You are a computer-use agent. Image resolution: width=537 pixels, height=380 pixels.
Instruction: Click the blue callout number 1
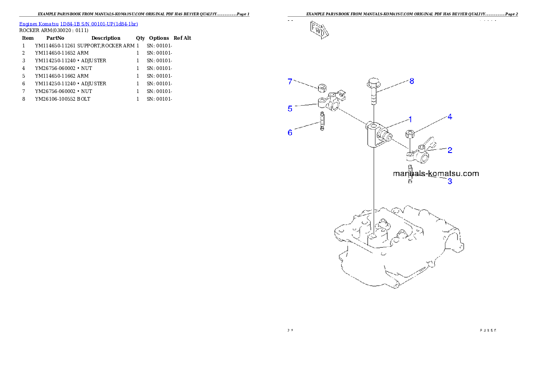(410, 120)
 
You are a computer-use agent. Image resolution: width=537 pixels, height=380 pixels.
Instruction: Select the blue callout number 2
(449, 150)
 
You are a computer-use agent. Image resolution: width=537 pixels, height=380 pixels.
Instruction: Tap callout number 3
(449, 181)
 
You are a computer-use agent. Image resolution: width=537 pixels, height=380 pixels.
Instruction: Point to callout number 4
(449, 117)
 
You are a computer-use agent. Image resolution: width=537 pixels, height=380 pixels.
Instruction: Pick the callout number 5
(290, 108)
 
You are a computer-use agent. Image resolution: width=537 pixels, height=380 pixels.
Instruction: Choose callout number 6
(290, 132)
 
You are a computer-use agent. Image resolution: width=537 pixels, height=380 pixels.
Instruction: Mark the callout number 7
(290, 81)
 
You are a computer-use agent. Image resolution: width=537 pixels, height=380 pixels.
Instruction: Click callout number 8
(412, 81)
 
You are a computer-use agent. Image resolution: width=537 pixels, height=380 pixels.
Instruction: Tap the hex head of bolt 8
(373, 83)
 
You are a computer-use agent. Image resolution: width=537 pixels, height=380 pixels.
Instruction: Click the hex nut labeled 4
(410, 134)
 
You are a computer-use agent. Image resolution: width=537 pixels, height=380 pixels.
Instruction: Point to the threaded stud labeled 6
(322, 121)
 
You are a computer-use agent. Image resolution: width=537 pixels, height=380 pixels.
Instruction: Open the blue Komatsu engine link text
(79, 23)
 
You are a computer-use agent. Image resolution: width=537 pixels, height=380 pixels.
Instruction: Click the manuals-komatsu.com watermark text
(436, 173)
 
